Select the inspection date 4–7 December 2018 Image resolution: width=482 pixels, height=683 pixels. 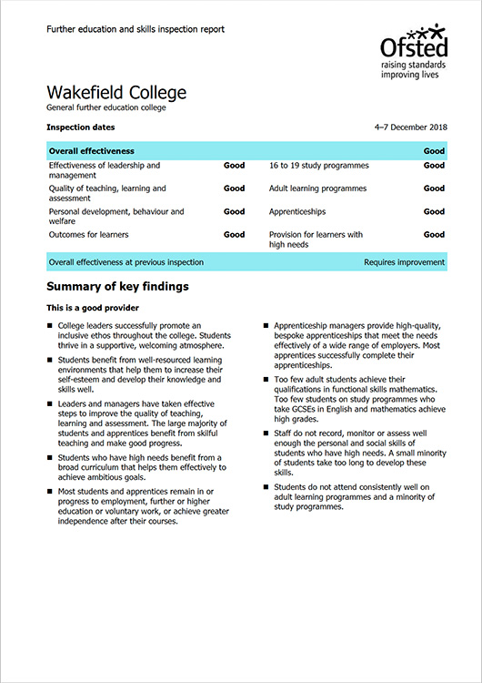coord(409,127)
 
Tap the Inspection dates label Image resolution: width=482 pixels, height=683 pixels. coord(81,127)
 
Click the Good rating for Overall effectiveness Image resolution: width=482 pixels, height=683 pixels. coord(434,150)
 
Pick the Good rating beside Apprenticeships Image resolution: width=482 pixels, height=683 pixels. coord(434,211)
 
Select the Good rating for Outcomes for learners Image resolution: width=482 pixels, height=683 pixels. coord(234,234)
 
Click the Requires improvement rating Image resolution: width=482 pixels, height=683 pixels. coord(405,262)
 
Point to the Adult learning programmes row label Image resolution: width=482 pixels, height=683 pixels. coord(317,189)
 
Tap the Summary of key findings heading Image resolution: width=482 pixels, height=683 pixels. coord(117,287)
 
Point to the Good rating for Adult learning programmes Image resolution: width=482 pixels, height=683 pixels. coord(434,189)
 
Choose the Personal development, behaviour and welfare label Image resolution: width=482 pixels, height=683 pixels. coord(116,217)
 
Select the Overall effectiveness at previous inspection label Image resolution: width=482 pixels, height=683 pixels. coord(126,262)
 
